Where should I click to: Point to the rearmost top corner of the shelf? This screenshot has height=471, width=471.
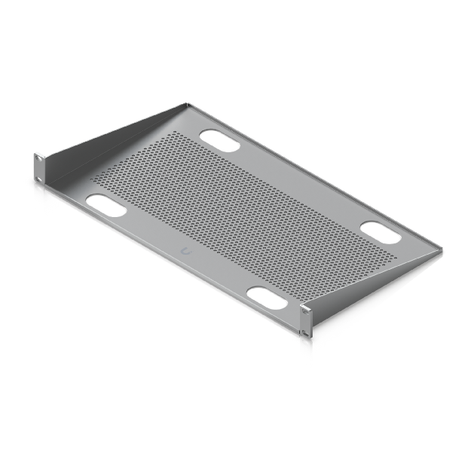tap(184, 104)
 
